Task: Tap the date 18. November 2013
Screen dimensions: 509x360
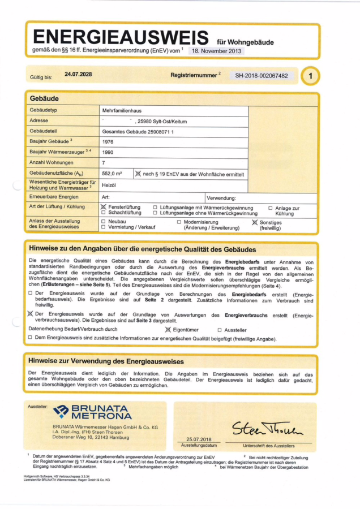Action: [x=217, y=51]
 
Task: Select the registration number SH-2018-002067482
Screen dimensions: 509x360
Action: [x=262, y=75]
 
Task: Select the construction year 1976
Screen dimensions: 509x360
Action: [x=108, y=141]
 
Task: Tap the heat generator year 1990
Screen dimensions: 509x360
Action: [x=108, y=152]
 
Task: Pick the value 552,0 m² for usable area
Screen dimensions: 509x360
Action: [x=112, y=174]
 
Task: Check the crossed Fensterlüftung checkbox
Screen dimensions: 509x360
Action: [x=103, y=208]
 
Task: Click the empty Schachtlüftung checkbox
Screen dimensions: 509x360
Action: [x=103, y=213]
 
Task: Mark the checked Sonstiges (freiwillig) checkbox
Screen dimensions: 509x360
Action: [x=254, y=222]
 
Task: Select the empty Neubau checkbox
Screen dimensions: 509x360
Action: [x=103, y=222]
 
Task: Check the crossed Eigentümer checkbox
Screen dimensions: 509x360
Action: [x=167, y=329]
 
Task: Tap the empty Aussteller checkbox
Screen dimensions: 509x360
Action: [x=220, y=329]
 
